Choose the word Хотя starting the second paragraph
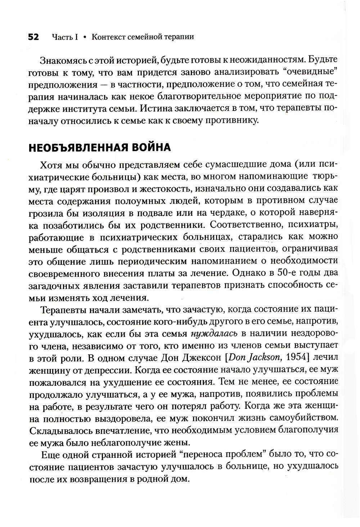(x=51, y=165)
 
